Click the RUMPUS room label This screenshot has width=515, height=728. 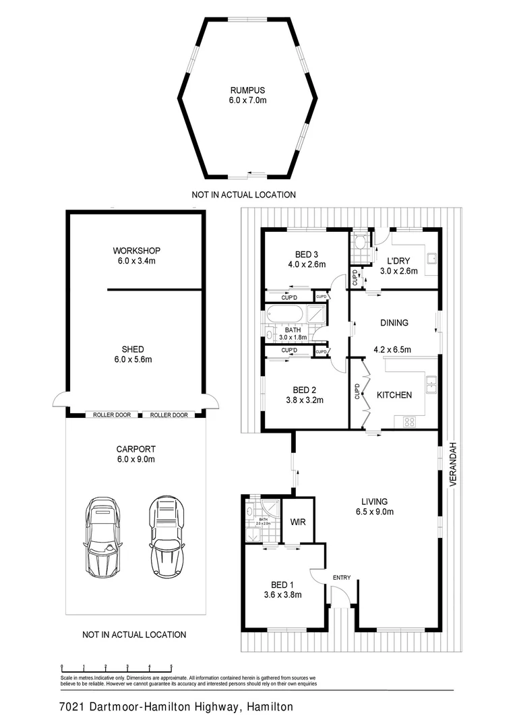point(247,90)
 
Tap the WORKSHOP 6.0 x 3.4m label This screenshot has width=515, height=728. point(136,256)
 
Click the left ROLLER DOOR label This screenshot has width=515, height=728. point(113,415)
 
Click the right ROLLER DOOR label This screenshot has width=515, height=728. point(169,415)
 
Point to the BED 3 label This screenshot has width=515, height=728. point(306,254)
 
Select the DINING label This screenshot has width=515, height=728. point(394,323)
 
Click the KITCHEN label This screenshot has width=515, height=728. point(394,395)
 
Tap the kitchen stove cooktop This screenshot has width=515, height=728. point(410,422)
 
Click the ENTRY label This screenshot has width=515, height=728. point(342,577)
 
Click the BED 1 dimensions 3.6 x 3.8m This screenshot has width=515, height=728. point(282,595)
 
